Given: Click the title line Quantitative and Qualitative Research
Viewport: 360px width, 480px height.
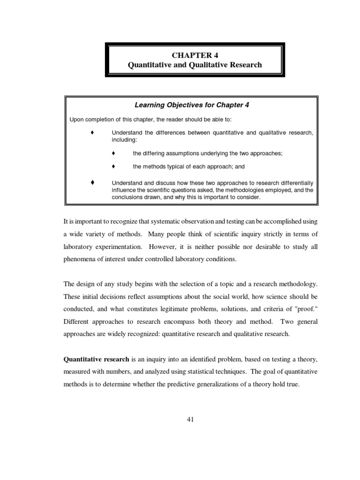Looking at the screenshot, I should coord(195,65).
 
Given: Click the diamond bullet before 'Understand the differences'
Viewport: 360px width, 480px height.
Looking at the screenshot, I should coord(92,133).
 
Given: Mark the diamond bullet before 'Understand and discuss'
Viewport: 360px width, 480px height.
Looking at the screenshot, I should coord(92,181).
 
